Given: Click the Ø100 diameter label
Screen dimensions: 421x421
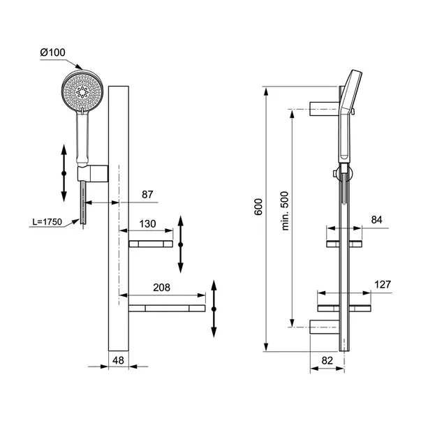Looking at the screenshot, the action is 52,52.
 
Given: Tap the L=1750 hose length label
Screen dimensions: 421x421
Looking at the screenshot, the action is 47,222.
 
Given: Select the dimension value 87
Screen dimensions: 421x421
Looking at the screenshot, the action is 147,194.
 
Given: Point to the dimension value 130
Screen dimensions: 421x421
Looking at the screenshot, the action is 147,223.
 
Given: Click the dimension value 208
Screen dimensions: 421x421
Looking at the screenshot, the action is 161,288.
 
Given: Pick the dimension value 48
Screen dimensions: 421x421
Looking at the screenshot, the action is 118,360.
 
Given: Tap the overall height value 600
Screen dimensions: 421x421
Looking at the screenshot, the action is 258,207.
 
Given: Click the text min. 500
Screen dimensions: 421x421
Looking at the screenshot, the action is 285,211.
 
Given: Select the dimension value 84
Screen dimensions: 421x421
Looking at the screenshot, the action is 376,220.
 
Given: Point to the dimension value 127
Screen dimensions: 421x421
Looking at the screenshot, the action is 383,285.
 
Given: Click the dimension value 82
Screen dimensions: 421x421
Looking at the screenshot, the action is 327,360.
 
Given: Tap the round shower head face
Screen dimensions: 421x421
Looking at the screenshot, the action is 82,91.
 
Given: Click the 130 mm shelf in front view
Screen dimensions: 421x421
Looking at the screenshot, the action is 151,244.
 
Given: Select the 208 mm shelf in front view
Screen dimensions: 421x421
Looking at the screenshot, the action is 167,308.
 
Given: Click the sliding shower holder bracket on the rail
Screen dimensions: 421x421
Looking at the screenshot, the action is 93,174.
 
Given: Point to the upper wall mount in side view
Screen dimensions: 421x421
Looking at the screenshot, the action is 325,109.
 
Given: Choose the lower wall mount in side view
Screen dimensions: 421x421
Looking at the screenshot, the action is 325,327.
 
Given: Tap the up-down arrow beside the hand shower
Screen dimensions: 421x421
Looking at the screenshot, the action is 64,173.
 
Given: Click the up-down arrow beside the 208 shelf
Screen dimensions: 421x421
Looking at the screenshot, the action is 214,309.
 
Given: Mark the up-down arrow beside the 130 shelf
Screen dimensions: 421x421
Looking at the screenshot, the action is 180,244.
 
